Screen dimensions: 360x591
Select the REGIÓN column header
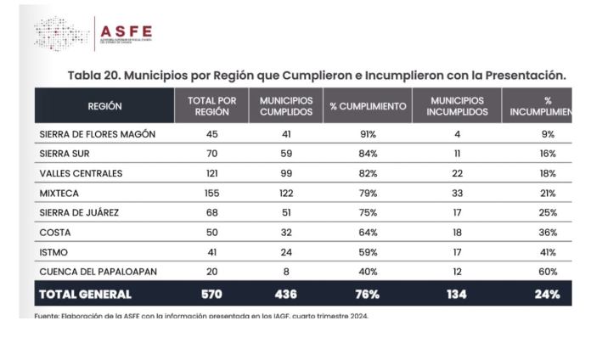[104, 106]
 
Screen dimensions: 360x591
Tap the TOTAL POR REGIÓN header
[211, 106]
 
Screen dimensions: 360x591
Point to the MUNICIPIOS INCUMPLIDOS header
[458, 106]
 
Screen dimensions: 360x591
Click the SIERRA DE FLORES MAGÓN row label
[98, 134]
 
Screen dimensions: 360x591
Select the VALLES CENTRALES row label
[82, 173]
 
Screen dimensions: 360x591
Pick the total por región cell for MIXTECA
[211, 193]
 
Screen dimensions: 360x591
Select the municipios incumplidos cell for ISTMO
[458, 252]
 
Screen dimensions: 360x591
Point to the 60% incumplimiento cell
[548, 272]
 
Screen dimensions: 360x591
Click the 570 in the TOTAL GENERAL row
[211, 295]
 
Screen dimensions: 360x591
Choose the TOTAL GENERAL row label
[85, 295]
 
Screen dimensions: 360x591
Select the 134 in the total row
[458, 295]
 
